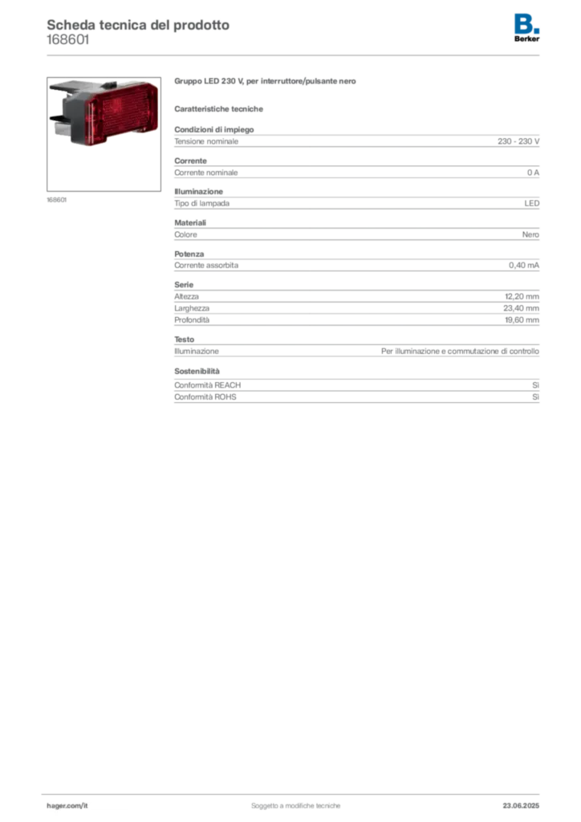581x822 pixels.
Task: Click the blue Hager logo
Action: point(527,23)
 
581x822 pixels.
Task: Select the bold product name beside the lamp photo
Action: point(266,82)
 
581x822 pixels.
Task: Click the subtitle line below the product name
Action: point(221,108)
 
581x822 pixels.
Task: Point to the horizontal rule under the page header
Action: point(295,55)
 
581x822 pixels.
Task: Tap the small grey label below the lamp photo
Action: point(56,198)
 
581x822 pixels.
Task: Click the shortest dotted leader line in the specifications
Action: point(301,350)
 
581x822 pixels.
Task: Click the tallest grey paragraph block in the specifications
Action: point(356,304)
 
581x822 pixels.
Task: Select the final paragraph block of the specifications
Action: point(356,387)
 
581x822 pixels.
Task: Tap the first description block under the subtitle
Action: point(356,140)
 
